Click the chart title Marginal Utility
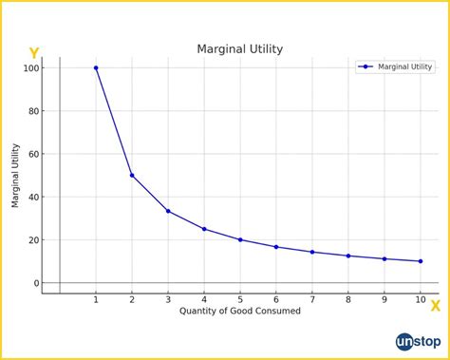239,48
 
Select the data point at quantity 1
96,68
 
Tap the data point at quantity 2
132,176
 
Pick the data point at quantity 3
168,211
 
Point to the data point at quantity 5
240,239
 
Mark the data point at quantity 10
421,261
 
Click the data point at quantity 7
312,252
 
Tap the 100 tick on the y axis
32,68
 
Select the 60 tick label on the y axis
35,154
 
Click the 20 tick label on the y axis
35,240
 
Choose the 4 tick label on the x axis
204,300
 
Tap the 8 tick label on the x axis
348,300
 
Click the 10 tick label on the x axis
421,300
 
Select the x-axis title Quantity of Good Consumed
239,312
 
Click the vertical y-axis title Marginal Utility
16,176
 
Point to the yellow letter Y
34,54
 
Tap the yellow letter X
435,306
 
